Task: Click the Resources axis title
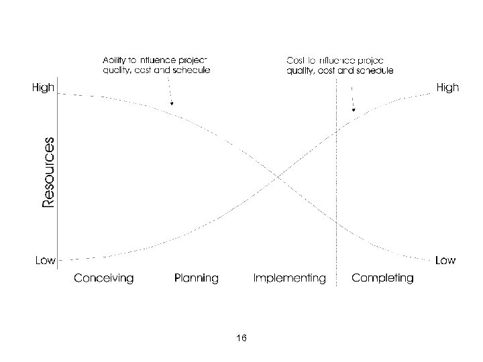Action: point(48,172)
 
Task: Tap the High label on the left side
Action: point(42,88)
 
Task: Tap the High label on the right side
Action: point(447,88)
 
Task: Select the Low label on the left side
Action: point(45,260)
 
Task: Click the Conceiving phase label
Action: point(103,278)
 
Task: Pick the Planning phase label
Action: point(197,278)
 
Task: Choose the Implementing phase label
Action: point(289,278)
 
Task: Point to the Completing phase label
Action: point(382,278)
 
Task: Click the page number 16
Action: point(241,338)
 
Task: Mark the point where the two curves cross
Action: point(277,176)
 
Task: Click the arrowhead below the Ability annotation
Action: point(172,104)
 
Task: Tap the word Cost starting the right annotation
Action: point(296,58)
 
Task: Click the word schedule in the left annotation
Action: point(193,69)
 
